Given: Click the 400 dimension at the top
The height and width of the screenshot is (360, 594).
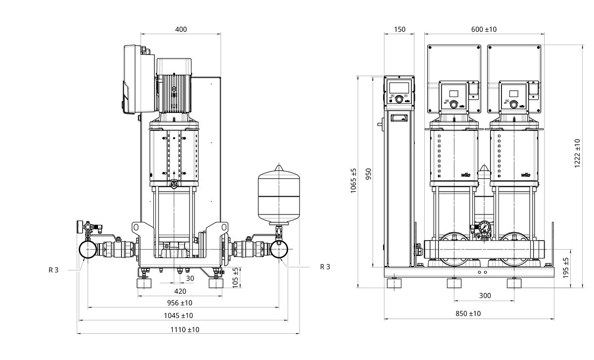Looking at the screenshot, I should coord(181,29).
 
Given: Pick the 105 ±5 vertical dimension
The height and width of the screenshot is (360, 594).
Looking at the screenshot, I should coord(236,277).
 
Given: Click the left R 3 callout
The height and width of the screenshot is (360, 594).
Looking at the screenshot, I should coord(53,270).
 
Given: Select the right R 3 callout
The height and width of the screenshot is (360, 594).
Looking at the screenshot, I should coord(325,267).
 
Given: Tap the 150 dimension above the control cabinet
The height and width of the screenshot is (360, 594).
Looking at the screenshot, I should coord(399,29).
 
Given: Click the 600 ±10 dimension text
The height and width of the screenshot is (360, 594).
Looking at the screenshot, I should coord(484,29).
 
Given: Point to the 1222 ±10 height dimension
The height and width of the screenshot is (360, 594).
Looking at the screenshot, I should coord(577,154).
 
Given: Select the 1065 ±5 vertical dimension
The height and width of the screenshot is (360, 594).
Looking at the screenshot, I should coord(353,181).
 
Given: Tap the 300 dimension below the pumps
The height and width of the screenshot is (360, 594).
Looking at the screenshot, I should coord(485,296).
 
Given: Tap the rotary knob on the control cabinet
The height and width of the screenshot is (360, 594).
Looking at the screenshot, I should coord(398,99).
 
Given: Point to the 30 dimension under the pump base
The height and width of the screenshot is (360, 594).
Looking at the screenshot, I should coord(190,278).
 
